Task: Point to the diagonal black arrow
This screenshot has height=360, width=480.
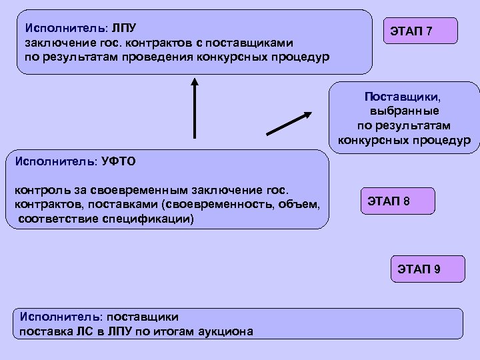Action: pos(289,123)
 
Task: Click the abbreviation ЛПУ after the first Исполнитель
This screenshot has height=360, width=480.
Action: pos(123,29)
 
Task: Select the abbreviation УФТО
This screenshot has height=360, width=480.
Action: pos(119,161)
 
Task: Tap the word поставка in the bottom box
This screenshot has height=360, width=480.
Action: pos(45,331)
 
